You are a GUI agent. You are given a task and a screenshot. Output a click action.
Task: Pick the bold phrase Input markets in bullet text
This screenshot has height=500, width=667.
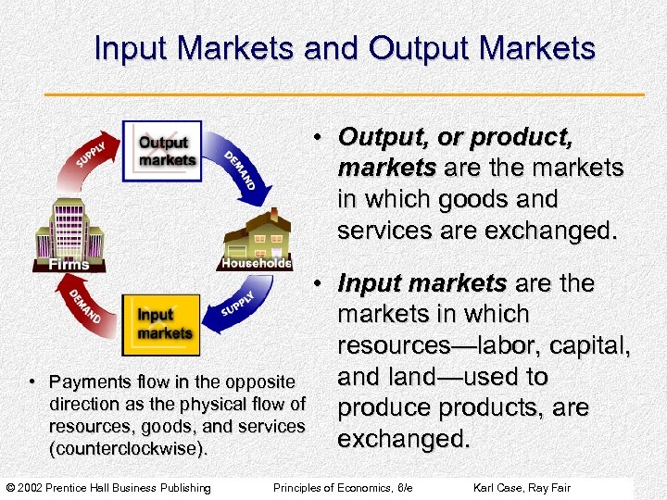422,282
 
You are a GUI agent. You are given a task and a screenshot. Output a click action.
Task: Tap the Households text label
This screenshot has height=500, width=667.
257,263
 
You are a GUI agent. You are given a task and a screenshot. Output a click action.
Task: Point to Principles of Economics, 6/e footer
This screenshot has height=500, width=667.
342,488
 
